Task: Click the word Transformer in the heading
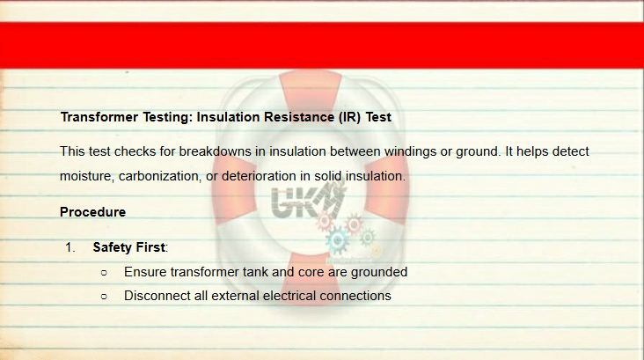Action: click(99, 117)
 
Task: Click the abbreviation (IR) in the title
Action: click(349, 117)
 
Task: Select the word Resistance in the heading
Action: click(299, 117)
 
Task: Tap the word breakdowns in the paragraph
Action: click(215, 151)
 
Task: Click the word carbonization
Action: click(159, 177)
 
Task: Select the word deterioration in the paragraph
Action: click(259, 176)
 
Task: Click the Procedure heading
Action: click(93, 212)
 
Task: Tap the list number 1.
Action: click(70, 247)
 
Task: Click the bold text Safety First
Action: click(129, 247)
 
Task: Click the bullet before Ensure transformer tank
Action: click(104, 273)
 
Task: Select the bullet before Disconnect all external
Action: click(104, 297)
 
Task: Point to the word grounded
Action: click(379, 273)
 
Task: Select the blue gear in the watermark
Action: click(337, 240)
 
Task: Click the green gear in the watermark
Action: click(367, 237)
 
